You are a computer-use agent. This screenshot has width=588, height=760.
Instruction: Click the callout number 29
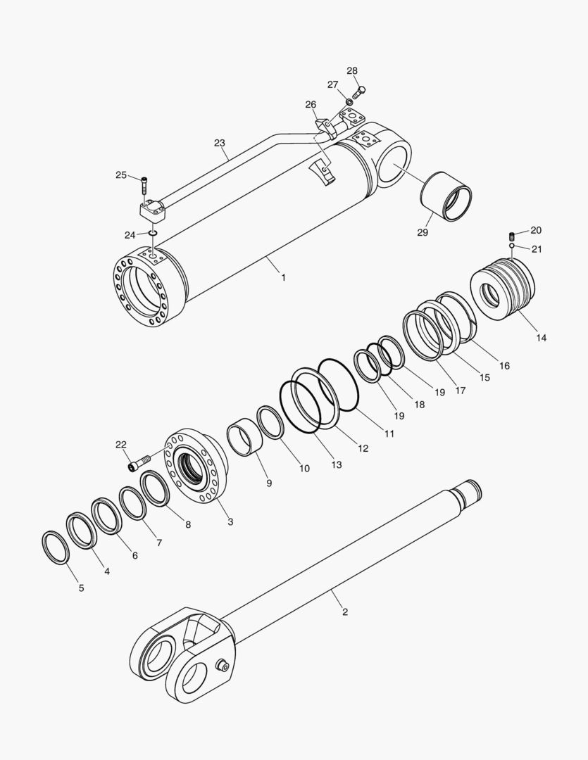click(x=423, y=232)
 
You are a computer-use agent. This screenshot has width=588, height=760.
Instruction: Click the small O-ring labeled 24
click(x=153, y=233)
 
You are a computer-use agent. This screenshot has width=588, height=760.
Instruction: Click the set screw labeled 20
click(x=513, y=235)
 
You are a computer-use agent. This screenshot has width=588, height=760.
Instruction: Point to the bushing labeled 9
click(x=244, y=439)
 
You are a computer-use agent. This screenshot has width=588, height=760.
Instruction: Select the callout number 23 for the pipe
click(x=220, y=143)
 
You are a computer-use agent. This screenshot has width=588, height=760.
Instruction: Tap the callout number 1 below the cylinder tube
click(x=283, y=277)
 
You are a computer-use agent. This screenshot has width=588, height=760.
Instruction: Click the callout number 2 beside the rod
click(x=345, y=612)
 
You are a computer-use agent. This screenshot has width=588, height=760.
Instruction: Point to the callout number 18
click(x=420, y=405)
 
